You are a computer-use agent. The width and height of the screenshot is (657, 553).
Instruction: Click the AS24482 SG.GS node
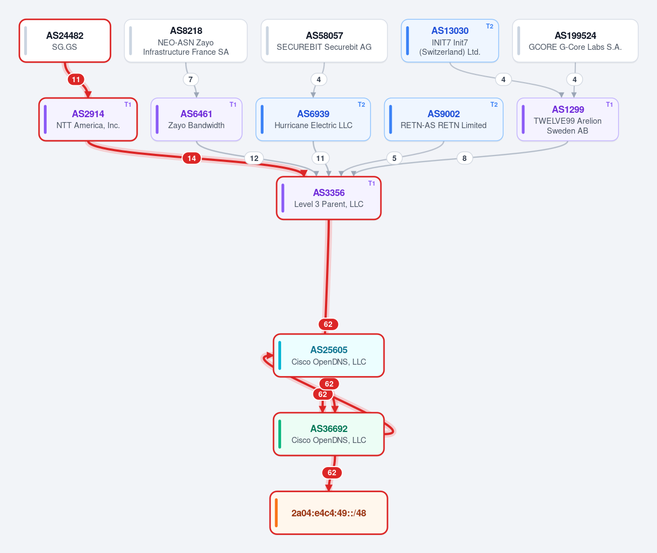click(x=65, y=41)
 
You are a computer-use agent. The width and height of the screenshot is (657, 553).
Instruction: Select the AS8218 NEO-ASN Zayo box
click(x=186, y=41)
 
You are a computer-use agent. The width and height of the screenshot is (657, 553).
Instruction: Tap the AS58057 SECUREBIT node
click(x=324, y=41)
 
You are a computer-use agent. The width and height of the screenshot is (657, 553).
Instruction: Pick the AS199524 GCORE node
click(x=575, y=41)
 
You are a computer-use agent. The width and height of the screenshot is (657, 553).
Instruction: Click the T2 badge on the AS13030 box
click(x=489, y=26)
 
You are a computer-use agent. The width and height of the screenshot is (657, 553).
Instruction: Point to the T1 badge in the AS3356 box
click(x=371, y=183)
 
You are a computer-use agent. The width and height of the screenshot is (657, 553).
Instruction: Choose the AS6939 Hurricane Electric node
click(x=313, y=119)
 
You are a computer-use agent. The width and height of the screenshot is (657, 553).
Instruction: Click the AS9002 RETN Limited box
click(x=443, y=119)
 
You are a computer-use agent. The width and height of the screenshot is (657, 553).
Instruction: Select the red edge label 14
click(x=191, y=158)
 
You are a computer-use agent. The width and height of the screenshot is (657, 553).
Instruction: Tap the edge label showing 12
click(x=254, y=158)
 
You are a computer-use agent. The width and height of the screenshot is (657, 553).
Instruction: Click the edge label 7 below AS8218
click(x=191, y=79)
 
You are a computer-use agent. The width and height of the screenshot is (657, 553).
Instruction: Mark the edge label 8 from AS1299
click(x=464, y=158)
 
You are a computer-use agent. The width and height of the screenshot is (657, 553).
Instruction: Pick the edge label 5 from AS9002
click(x=395, y=158)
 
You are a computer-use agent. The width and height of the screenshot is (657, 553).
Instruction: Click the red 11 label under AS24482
click(x=76, y=79)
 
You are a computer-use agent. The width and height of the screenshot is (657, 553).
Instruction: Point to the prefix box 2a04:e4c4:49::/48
click(x=329, y=513)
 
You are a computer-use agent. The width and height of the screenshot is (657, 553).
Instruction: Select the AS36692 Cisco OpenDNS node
click(x=329, y=434)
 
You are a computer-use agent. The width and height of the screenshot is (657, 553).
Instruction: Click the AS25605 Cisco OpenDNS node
click(x=329, y=355)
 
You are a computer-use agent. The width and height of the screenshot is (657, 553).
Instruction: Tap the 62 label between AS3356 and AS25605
click(x=328, y=324)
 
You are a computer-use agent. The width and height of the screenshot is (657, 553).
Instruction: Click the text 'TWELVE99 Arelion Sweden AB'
click(x=567, y=126)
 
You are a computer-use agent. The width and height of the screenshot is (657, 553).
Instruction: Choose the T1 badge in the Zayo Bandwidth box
click(x=233, y=105)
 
